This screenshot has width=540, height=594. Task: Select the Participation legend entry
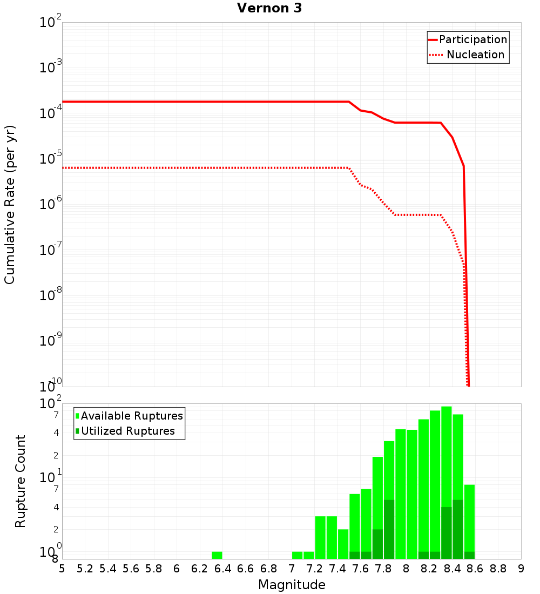(473, 39)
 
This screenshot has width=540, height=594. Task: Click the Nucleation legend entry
(475, 55)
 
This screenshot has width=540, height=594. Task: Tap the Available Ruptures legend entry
(132, 416)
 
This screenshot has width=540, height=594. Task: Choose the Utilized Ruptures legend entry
(127, 431)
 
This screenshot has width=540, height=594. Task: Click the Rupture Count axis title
(21, 481)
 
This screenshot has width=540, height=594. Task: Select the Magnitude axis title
(292, 585)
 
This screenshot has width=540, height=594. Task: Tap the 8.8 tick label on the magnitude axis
(498, 569)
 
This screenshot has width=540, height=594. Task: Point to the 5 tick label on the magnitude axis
(62, 569)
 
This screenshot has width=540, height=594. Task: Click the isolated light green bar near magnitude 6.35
(217, 555)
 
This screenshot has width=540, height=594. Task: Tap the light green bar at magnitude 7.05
(297, 555)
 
